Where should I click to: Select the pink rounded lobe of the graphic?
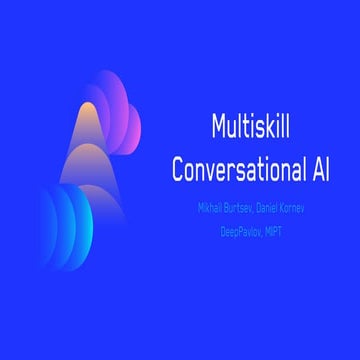[x=120, y=100]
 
